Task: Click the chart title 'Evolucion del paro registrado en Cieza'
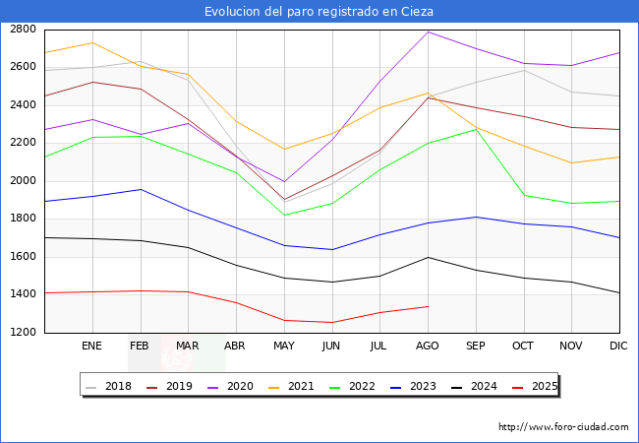pyautogui.click(x=319, y=11)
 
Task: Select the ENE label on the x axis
pyautogui.click(x=91, y=346)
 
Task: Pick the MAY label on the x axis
pyautogui.click(x=283, y=346)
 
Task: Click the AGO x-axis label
pyautogui.click(x=428, y=346)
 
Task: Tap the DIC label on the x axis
pyautogui.click(x=618, y=346)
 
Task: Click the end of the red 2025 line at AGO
pyautogui.click(x=428, y=306)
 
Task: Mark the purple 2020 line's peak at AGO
pyautogui.click(x=428, y=32)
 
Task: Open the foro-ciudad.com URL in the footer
pyautogui.click(x=563, y=427)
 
